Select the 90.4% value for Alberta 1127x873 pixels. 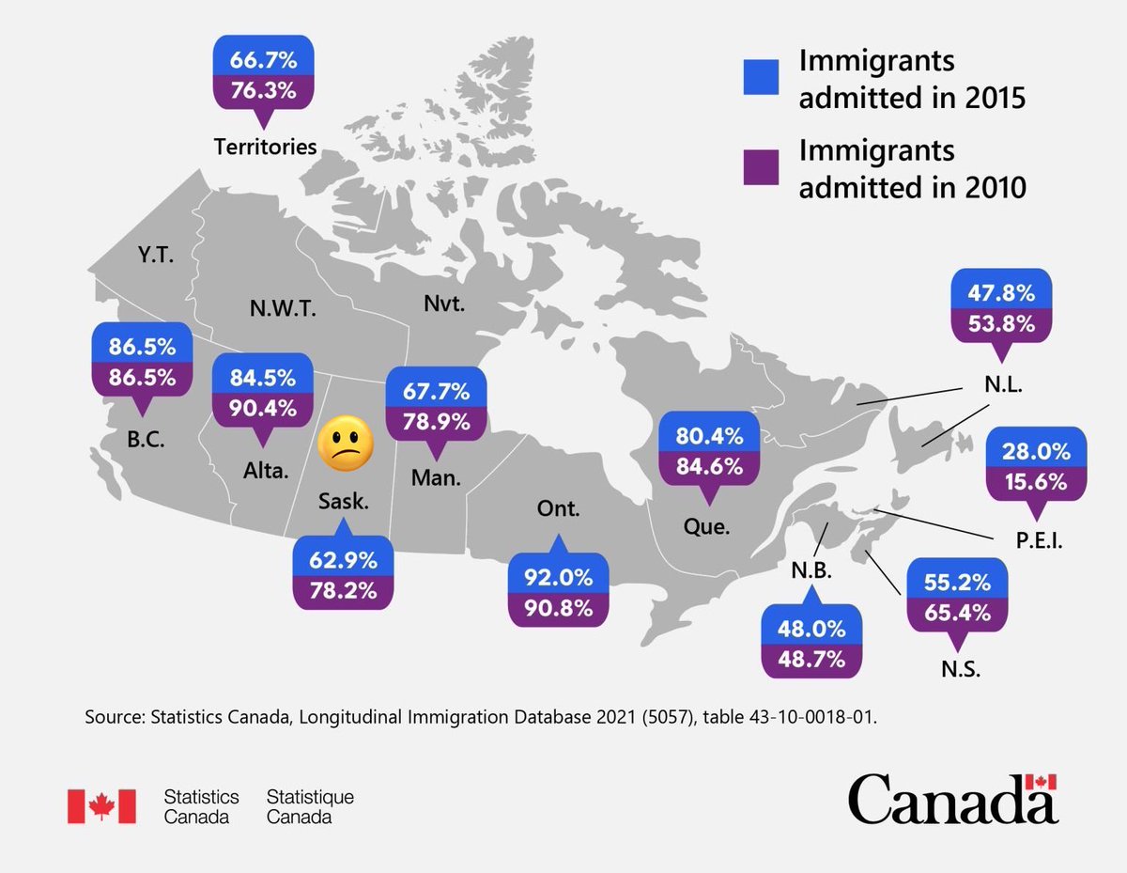point(262,408)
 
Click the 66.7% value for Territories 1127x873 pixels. point(264,61)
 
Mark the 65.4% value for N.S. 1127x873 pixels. point(957,613)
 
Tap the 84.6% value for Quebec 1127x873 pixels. point(709,466)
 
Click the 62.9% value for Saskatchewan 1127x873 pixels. point(343,561)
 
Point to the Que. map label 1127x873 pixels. point(707,527)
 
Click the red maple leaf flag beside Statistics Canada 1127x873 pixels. point(101,806)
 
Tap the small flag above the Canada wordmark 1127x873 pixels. point(1041,782)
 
